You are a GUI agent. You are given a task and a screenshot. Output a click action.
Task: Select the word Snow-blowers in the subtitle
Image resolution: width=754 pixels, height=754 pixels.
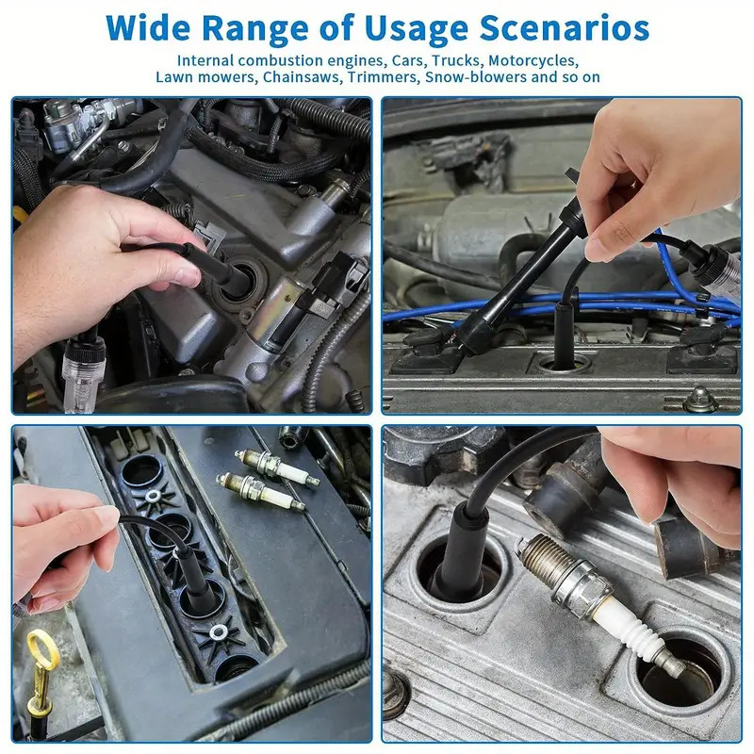tap(477, 76)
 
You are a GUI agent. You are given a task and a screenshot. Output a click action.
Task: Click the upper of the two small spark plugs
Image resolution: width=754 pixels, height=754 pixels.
tap(275, 465)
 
